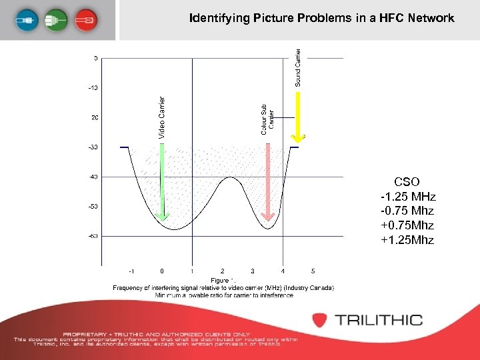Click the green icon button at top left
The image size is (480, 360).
point(58,20)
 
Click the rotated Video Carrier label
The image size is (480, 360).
point(161,117)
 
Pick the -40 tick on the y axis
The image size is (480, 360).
point(93,177)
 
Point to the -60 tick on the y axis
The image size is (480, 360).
point(93,236)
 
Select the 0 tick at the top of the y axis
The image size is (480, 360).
point(95,58)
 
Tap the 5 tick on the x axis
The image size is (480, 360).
point(313,271)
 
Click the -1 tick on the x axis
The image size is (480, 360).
point(131,271)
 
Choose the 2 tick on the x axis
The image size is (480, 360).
point(222,271)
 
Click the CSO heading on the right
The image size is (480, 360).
point(407,181)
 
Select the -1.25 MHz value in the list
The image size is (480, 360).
point(407,197)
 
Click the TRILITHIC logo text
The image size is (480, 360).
point(378,320)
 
